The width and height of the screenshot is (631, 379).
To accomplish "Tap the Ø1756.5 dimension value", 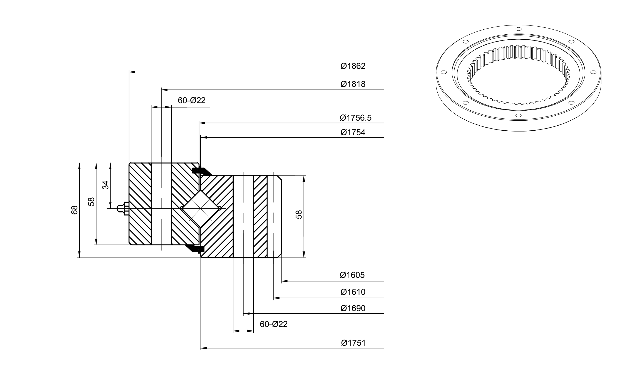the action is (x=355, y=118).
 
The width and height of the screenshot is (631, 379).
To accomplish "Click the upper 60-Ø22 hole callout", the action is (x=192, y=100).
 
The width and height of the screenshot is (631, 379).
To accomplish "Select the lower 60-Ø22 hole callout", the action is (x=274, y=324).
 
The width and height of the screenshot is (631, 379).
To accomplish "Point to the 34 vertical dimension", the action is (x=105, y=185).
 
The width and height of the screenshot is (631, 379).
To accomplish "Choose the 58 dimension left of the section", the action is (x=91, y=202).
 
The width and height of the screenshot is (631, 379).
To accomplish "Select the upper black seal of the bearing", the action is (x=202, y=171).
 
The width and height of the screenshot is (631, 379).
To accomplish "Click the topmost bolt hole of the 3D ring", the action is (x=518, y=29).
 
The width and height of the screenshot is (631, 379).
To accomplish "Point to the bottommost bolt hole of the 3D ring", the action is (x=518, y=115).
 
